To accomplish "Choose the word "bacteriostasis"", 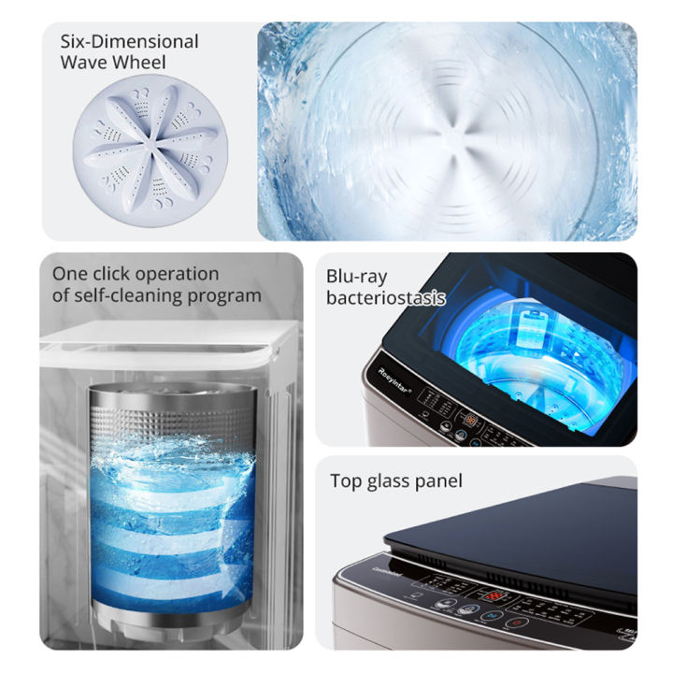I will [385, 298].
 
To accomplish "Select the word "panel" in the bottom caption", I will [439, 482].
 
